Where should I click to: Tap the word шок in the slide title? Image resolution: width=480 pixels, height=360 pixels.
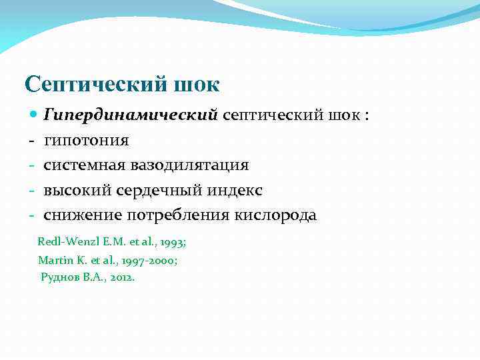(x=197, y=85)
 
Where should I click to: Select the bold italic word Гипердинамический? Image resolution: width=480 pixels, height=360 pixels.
(x=131, y=116)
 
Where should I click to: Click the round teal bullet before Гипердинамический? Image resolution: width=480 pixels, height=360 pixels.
(x=35, y=115)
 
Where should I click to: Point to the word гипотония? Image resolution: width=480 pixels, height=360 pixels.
(x=87, y=141)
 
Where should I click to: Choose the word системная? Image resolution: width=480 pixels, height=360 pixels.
(x=86, y=165)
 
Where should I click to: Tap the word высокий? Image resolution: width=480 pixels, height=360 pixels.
(x=78, y=191)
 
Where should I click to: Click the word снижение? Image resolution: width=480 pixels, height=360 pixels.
(x=84, y=215)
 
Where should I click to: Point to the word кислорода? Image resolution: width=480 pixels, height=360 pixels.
(x=275, y=215)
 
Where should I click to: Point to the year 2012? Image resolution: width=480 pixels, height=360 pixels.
(x=121, y=277)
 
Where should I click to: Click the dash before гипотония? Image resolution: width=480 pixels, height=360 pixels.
(x=31, y=141)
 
